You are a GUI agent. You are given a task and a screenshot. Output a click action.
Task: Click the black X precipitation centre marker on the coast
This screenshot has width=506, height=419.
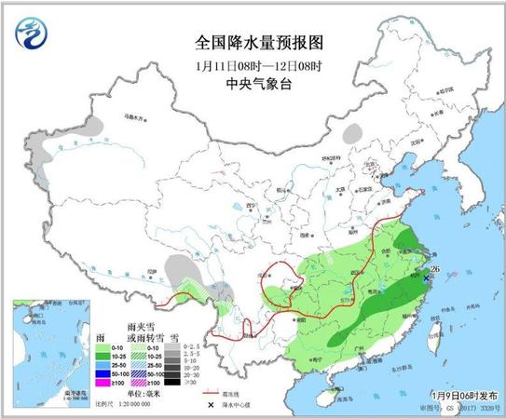click(x=427, y=277)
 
